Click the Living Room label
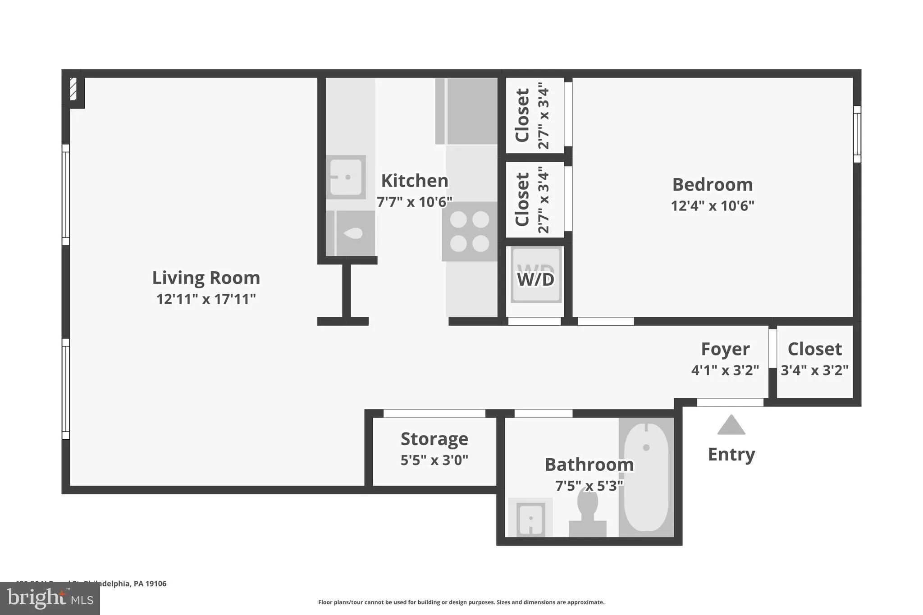click(206, 278)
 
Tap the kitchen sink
click(346, 177)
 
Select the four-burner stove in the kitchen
click(469, 232)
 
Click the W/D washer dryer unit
click(535, 276)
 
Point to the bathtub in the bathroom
click(646, 477)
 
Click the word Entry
click(731, 454)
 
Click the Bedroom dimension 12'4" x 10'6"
click(712, 206)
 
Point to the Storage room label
click(434, 439)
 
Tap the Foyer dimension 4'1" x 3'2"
click(725, 370)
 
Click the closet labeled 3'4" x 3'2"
click(814, 360)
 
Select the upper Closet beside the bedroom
click(534, 115)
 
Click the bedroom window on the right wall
click(857, 134)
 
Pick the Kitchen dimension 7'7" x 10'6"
click(414, 202)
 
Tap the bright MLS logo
click(50, 598)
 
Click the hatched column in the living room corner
click(73, 89)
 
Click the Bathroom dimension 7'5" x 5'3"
click(589, 486)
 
